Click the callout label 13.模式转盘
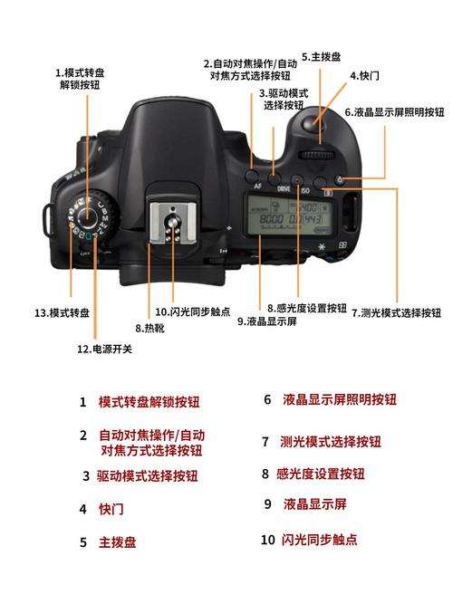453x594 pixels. tap(63, 312)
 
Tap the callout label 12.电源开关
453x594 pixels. tap(104, 348)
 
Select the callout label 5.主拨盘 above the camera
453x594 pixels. tap(321, 56)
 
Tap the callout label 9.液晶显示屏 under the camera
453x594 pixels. tap(269, 321)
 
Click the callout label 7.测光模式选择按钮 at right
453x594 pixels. tap(396, 312)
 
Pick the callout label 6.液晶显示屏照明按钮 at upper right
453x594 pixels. tap(394, 112)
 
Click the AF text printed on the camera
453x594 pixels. tap(259, 185)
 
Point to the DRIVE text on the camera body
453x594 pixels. tap(284, 191)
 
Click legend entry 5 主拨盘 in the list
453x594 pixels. tap(118, 542)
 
